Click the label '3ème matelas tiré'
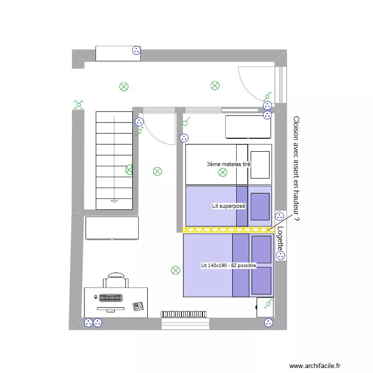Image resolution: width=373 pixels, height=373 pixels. pos(228,164)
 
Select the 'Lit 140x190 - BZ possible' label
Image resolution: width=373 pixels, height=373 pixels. pos(228,266)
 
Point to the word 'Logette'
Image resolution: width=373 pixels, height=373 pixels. pos(280,239)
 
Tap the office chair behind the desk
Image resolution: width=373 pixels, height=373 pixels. pos(116,280)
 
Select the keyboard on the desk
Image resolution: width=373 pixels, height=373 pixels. pos(111,298)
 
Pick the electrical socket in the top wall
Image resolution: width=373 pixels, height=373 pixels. pos(136,50)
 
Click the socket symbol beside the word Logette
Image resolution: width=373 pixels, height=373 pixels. pos(280,256)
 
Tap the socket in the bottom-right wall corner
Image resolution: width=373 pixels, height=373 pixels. pos(269,323)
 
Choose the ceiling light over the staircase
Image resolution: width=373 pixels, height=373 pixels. pos(130,170)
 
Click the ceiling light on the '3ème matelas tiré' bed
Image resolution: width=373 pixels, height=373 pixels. pos(223,173)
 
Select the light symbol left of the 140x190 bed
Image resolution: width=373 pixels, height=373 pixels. pos(176,271)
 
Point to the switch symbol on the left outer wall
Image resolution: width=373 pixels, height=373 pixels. pos(79,104)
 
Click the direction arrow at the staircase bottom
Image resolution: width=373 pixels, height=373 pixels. pos(114,201)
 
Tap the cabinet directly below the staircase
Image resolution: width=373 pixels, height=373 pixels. pos(112,228)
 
